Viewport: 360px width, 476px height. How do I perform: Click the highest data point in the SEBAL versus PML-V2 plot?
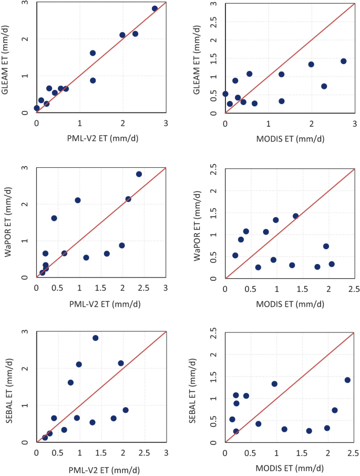[x=96, y=338]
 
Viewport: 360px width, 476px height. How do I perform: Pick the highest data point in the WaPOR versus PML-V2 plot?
[x=139, y=174]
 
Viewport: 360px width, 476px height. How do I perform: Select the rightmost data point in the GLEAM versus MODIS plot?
[x=344, y=61]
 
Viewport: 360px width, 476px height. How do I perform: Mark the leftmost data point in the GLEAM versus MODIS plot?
[x=225, y=94]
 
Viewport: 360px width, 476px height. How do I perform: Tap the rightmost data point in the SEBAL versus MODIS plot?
[x=347, y=380]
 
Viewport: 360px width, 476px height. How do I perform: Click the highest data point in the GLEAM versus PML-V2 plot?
[x=155, y=8]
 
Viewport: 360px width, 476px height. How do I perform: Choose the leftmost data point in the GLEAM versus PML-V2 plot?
[x=37, y=108]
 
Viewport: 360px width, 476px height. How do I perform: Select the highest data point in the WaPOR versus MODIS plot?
[x=295, y=216]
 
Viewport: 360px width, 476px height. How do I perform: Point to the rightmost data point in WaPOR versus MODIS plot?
[x=332, y=264]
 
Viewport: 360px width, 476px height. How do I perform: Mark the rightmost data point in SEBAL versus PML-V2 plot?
[x=126, y=410]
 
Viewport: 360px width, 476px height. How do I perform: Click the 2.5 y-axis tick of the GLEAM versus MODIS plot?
[x=213, y=22]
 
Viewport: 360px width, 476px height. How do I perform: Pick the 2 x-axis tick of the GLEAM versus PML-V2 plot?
[x=122, y=123]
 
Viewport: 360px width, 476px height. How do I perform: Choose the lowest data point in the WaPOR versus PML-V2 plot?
[x=43, y=272]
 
